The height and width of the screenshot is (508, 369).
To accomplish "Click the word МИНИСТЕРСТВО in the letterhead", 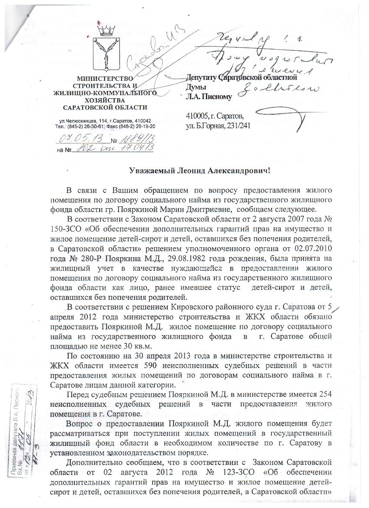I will click(x=104, y=78).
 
